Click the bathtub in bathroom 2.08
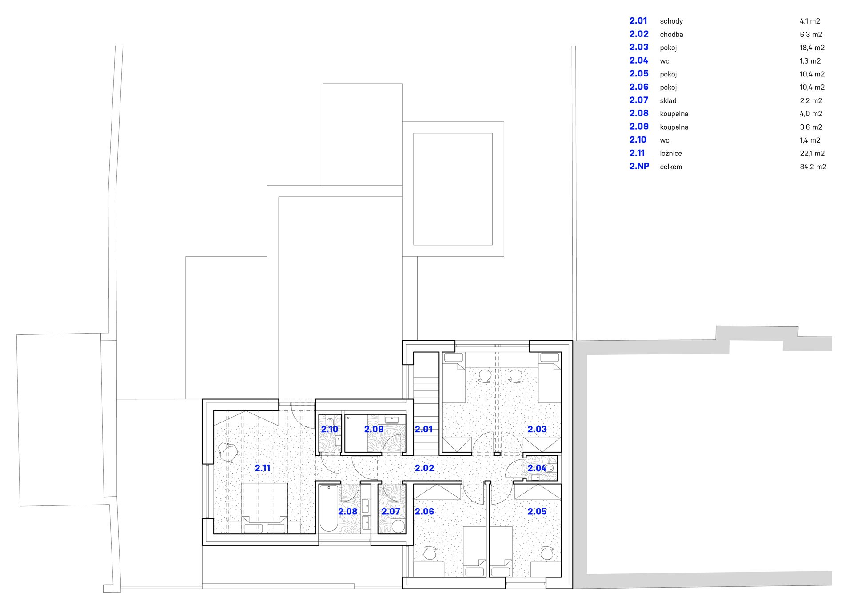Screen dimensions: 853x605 pyautogui.click(x=329, y=509)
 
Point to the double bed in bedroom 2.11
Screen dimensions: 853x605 pyautogui.click(x=264, y=508)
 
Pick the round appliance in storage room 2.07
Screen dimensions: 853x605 pyautogui.click(x=399, y=526)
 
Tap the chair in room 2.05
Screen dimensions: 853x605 pyautogui.click(x=546, y=553)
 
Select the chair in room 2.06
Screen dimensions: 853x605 pyautogui.click(x=430, y=553)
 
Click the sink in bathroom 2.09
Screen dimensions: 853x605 pyautogui.click(x=392, y=420)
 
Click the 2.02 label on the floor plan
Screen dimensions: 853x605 pyautogui.click(x=424, y=468)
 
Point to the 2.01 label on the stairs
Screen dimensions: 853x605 pyautogui.click(x=423, y=429)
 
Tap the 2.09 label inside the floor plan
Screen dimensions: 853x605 pyautogui.click(x=374, y=429)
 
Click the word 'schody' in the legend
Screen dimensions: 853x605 pyautogui.click(x=671, y=21)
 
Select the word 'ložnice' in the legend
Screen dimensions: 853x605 pyautogui.click(x=671, y=153)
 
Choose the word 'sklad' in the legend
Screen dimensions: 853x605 pyautogui.click(x=668, y=100)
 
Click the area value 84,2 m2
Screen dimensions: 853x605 pyautogui.click(x=813, y=167)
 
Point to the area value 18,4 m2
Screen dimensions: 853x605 pyautogui.click(x=812, y=48)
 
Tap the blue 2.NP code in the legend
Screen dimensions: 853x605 pyautogui.click(x=639, y=166)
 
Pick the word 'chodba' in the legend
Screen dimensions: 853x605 pyautogui.click(x=671, y=34)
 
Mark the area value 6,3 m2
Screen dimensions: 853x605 pyautogui.click(x=811, y=34)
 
